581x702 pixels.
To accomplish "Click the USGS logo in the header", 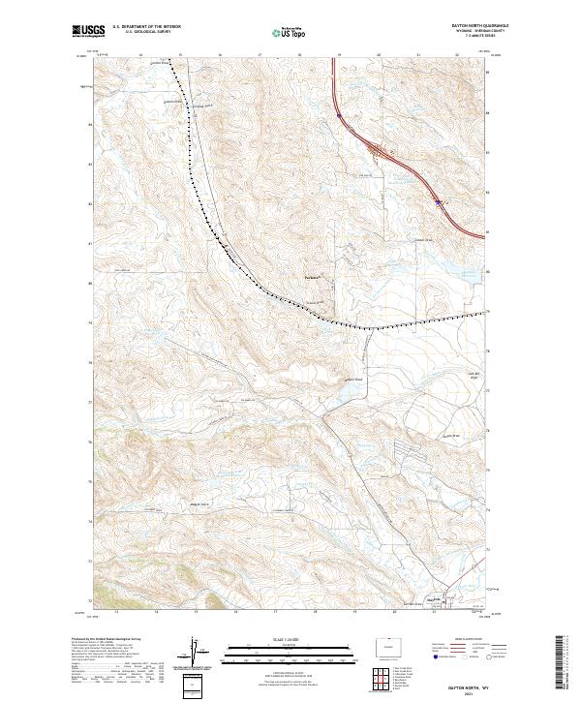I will [x=87, y=32].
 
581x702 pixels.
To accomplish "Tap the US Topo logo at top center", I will [x=291, y=32].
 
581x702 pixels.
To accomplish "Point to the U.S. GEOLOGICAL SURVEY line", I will [x=143, y=32].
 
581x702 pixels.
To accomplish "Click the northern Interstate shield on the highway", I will [x=340, y=116].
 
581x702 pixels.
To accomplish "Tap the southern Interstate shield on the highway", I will [x=438, y=202].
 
